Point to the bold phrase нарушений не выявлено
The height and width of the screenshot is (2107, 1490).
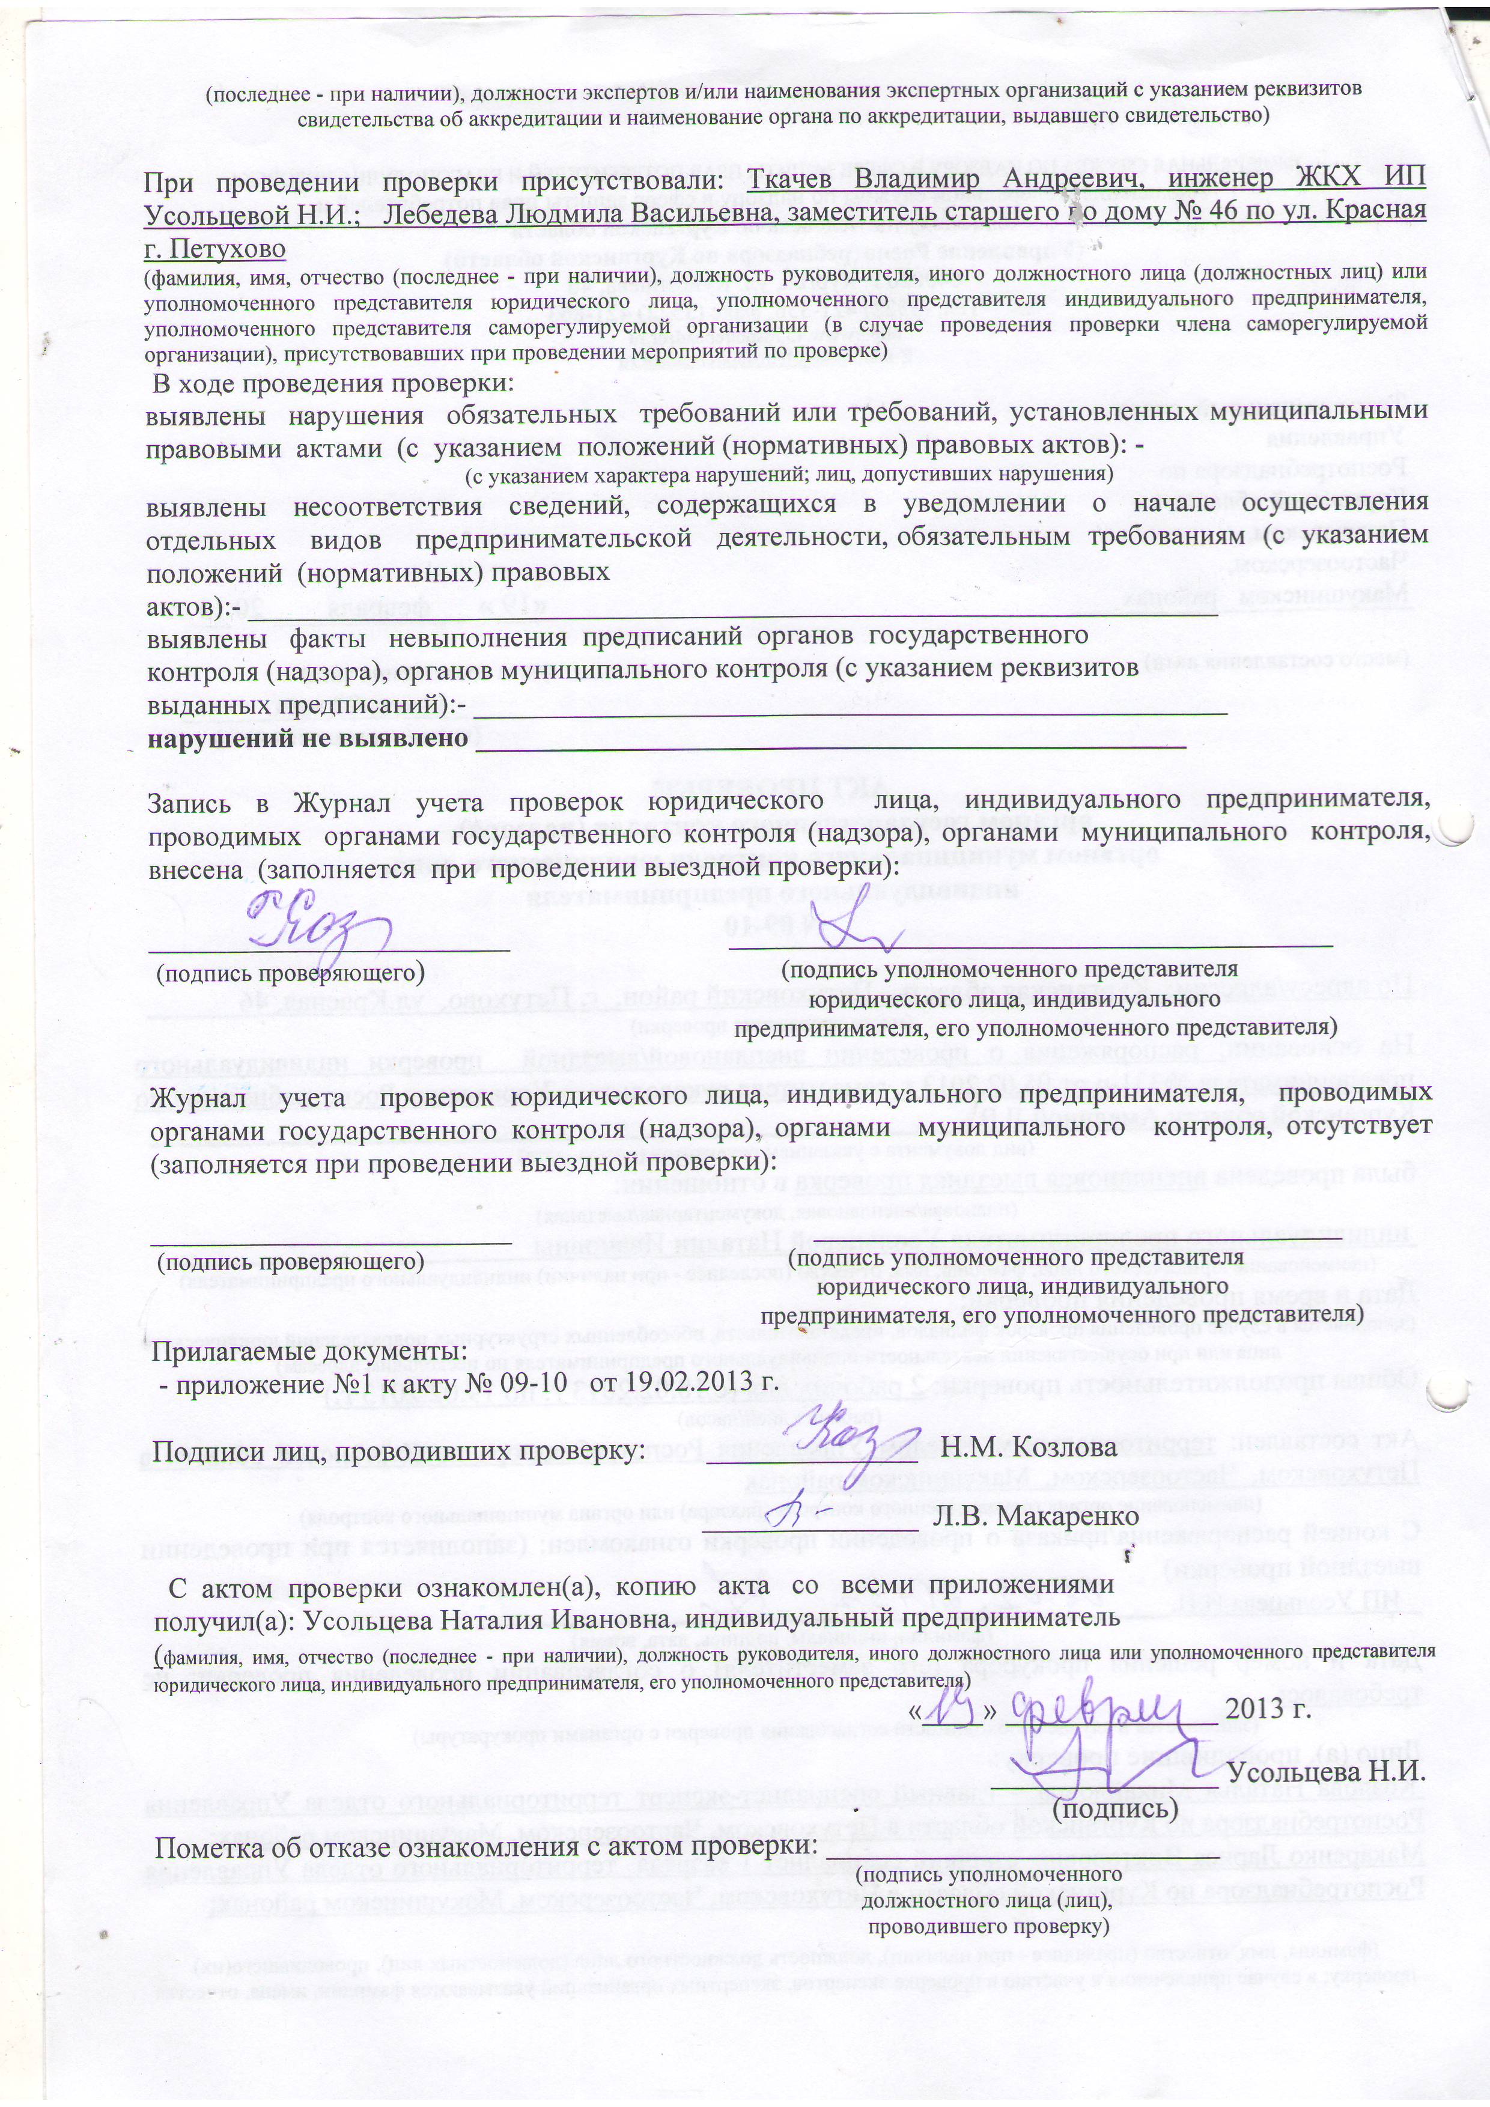pos(308,738)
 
